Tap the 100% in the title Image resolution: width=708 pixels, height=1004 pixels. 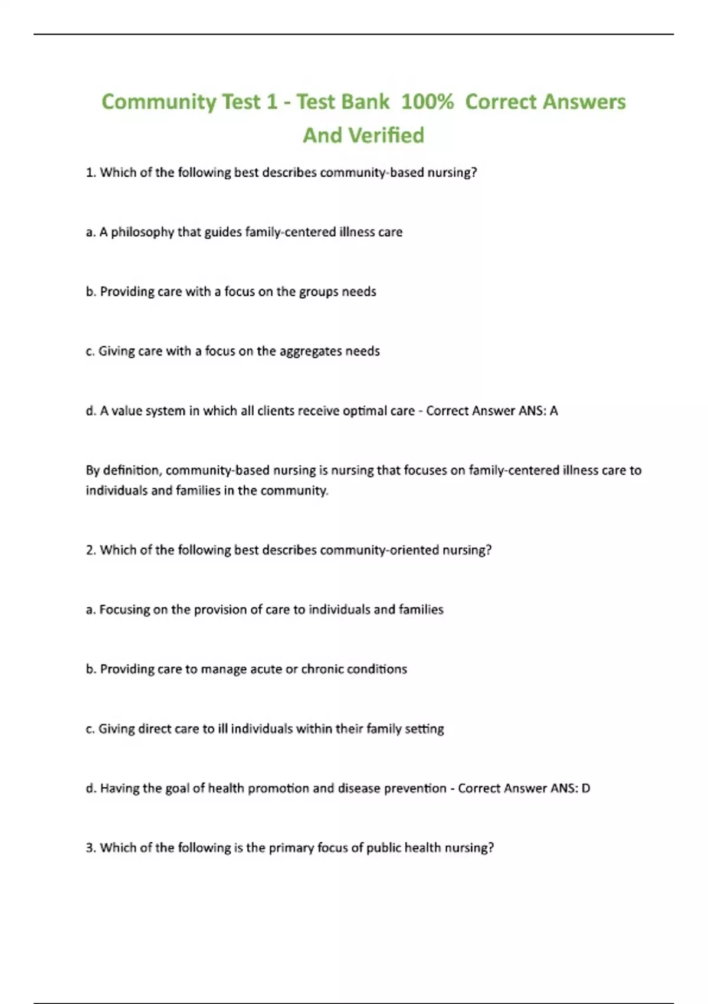(x=427, y=102)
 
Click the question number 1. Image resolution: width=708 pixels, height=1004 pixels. (x=90, y=172)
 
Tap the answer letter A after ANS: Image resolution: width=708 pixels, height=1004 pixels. (x=553, y=411)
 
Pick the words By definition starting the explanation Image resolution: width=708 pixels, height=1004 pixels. (x=123, y=471)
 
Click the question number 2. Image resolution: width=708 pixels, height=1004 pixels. (x=90, y=550)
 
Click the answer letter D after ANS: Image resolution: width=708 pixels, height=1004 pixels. (x=585, y=788)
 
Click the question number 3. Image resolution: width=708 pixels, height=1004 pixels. (x=90, y=848)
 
